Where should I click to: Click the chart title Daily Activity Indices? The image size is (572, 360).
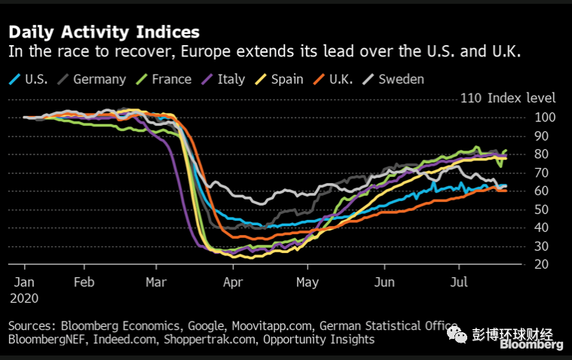tap(103, 32)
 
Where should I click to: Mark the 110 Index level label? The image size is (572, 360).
tap(508, 99)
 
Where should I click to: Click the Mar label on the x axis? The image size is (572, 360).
tap(157, 282)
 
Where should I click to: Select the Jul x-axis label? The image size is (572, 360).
tap(459, 282)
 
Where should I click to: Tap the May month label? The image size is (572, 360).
tap(307, 282)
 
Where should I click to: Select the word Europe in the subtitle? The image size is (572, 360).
tap(200, 52)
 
